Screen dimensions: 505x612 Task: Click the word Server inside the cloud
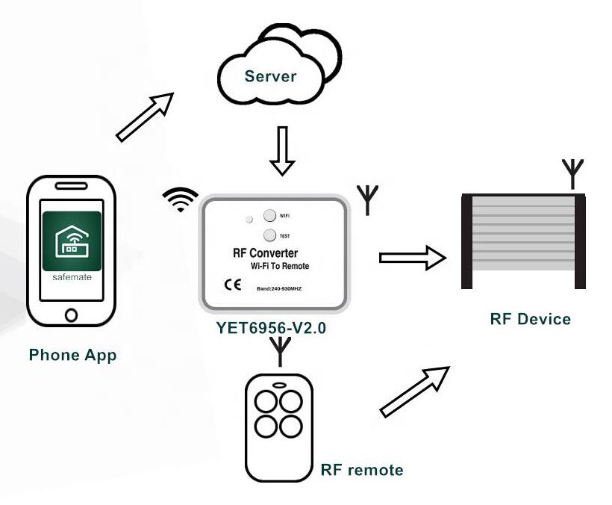click(x=270, y=76)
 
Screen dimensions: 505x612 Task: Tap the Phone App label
click(x=72, y=354)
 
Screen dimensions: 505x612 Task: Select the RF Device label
click(x=530, y=319)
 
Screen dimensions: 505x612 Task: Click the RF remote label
click(x=361, y=470)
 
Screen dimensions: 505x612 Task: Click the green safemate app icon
click(x=72, y=241)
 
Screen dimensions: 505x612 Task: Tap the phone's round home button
click(x=71, y=315)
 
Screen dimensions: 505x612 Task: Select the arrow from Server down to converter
click(x=281, y=150)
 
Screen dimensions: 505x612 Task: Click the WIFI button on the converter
click(x=269, y=216)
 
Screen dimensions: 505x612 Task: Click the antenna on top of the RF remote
click(x=280, y=352)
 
